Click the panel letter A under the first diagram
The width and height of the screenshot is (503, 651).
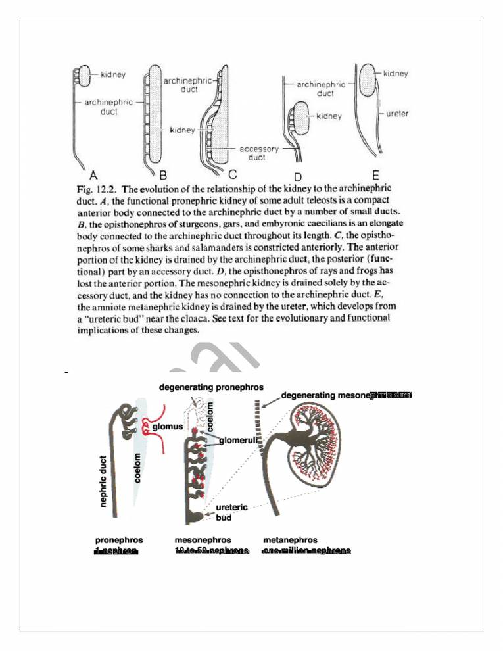pyautogui.click(x=93, y=175)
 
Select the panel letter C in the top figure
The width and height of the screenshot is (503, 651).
pyautogui.click(x=231, y=175)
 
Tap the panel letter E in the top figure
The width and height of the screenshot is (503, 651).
pyautogui.click(x=374, y=175)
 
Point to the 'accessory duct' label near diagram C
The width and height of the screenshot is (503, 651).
pyautogui.click(x=261, y=153)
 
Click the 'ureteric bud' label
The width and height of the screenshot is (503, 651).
pyautogui.click(x=229, y=512)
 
